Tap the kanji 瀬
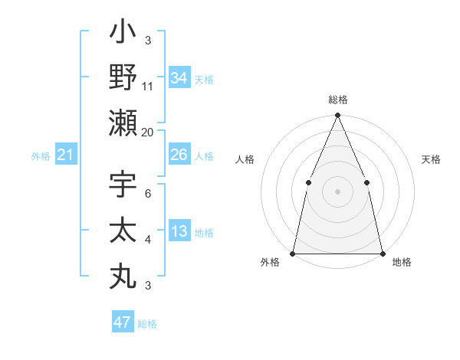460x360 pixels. pyautogui.click(x=123, y=123)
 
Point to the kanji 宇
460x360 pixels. pyautogui.click(x=123, y=187)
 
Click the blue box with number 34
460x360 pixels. pyautogui.click(x=179, y=77)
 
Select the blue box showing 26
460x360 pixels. pyautogui.click(x=179, y=155)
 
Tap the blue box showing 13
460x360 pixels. pyautogui.click(x=179, y=231)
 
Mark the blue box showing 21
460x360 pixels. pyautogui.click(x=66, y=155)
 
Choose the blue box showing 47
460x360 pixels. pyautogui.click(x=123, y=322)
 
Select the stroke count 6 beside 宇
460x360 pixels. pyautogui.click(x=148, y=195)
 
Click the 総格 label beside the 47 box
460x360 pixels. pyautogui.click(x=147, y=324)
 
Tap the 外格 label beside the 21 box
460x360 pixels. pyautogui.click(x=41, y=156)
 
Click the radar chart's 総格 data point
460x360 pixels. pyautogui.click(x=337, y=116)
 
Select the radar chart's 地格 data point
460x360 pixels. pyautogui.click(x=382, y=253)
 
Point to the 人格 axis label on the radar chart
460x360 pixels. pyautogui.click(x=245, y=160)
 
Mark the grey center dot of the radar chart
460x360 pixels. pyautogui.click(x=337, y=191)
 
